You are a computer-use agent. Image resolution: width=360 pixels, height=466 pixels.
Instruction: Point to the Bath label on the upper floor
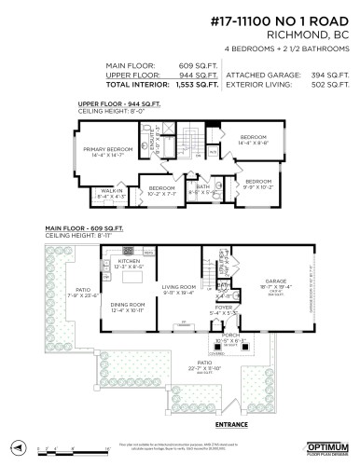(x=201, y=186)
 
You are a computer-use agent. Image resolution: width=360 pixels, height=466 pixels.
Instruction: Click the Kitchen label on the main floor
(x=128, y=264)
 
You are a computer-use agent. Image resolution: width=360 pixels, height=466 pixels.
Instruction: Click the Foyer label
(x=224, y=308)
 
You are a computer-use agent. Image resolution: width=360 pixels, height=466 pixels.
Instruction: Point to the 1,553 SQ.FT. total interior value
(x=198, y=84)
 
